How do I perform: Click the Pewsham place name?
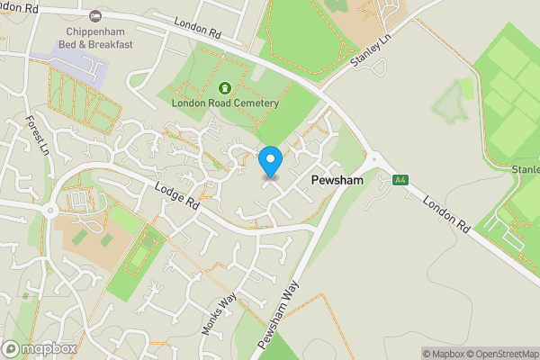tap(337, 181)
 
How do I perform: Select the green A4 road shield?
tap(401, 180)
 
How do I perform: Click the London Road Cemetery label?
tap(225, 103)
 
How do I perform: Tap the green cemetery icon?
tap(224, 88)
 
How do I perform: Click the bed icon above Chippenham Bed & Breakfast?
tap(96, 16)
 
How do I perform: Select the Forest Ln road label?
tap(37, 135)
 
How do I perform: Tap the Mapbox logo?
tap(39, 348)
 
